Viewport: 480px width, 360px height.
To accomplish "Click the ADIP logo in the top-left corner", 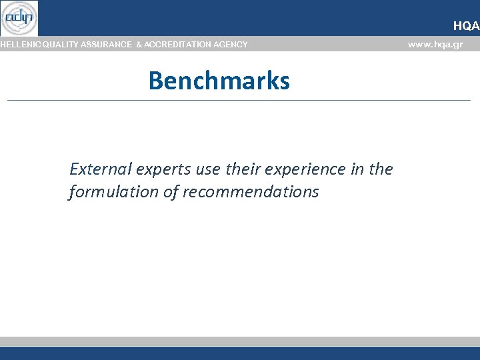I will tap(19, 18).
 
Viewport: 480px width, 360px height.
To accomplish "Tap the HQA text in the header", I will tap(466, 26).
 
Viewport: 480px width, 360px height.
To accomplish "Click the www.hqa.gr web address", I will tap(435, 45).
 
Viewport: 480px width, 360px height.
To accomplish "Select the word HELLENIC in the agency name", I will tap(20, 45).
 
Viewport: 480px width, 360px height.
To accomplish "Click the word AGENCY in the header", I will tap(231, 45).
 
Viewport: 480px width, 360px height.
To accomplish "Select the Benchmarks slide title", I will tap(219, 81).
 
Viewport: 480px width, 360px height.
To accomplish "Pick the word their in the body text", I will tap(245, 169).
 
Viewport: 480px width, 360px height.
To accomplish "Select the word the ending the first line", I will tap(381, 169).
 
